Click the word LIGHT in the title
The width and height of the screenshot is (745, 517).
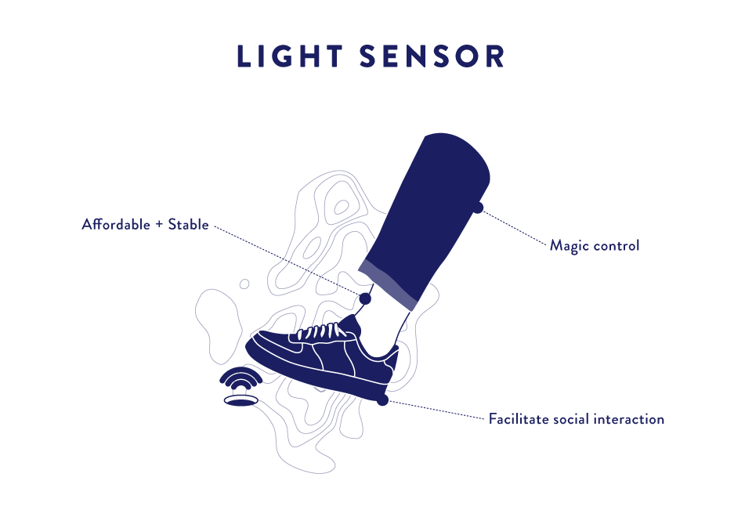click(x=290, y=56)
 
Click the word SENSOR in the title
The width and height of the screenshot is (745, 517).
click(x=432, y=56)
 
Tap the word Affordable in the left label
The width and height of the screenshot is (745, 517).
click(x=116, y=224)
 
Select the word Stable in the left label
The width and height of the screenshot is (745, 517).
click(x=189, y=224)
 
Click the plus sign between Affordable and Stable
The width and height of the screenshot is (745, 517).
click(x=159, y=225)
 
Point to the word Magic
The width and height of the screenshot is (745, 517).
click(x=568, y=246)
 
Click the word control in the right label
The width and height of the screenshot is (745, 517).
click(x=615, y=246)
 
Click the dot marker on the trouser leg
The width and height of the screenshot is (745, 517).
click(x=478, y=208)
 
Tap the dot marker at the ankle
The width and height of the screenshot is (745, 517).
click(x=365, y=298)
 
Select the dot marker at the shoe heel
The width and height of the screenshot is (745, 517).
click(x=382, y=400)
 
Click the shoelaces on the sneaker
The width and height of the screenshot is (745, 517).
click(x=320, y=331)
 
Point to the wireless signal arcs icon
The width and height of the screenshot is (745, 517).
click(x=240, y=378)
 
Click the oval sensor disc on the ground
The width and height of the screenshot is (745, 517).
click(x=240, y=400)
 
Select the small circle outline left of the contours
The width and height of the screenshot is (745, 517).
click(x=244, y=284)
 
